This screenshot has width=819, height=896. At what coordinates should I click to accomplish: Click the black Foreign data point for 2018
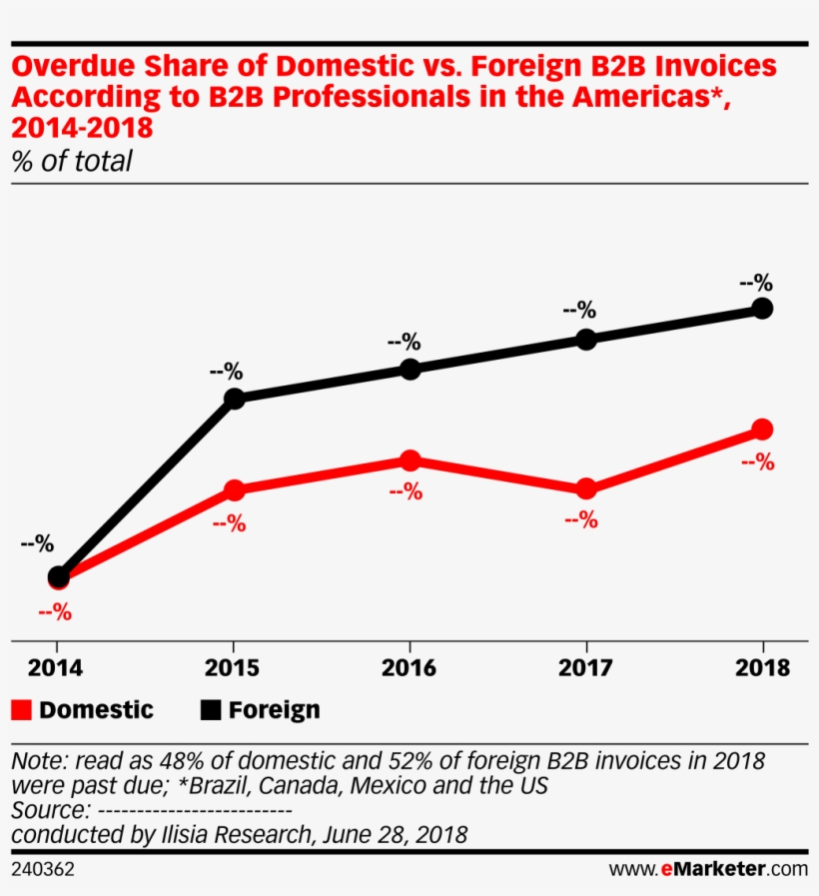point(762,309)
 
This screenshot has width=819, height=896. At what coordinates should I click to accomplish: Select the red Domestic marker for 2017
point(586,488)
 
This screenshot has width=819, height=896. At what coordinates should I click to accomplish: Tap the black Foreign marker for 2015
point(234,399)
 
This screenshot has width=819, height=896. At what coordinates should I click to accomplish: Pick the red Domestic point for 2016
point(409,460)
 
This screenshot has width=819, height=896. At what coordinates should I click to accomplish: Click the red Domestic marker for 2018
point(762,430)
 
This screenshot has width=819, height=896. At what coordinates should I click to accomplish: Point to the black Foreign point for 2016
point(409,370)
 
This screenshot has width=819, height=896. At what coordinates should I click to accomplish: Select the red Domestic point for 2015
point(234,490)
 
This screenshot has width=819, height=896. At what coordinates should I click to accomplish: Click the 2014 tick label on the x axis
point(58,668)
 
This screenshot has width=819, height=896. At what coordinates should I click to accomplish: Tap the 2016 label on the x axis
point(409,668)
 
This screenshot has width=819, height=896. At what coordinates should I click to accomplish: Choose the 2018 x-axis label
point(762,668)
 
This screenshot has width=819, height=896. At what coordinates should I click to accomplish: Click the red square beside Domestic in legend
point(21,710)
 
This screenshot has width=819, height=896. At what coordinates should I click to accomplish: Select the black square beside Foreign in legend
point(209,710)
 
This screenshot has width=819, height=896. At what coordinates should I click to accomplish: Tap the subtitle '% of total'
point(72,162)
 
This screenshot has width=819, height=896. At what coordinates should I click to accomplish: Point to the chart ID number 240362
point(43,870)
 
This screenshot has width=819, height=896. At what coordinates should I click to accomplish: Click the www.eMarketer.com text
point(708,870)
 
